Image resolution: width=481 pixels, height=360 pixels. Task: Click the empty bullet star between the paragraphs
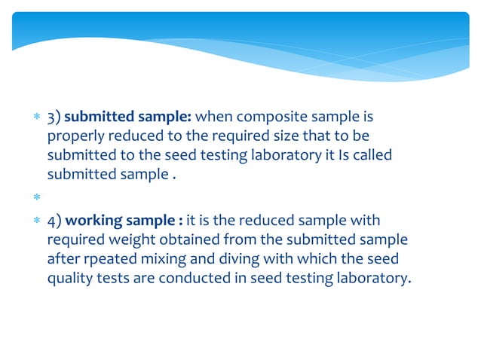(x=30, y=197)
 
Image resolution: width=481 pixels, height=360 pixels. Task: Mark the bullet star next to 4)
(x=30, y=221)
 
